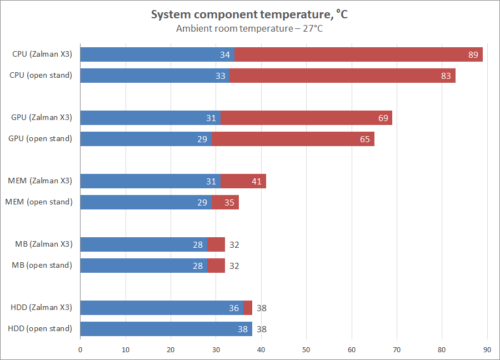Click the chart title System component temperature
coord(249,15)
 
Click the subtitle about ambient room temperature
coord(249,29)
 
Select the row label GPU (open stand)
coord(41,138)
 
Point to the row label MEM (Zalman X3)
coord(40,181)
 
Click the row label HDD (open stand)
coord(40,328)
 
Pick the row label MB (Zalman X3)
coord(43,244)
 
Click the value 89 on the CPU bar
coord(473,54)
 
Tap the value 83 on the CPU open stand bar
coord(446,76)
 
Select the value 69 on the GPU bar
coord(383,118)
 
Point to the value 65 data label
coord(364,139)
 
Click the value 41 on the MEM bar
coord(256,181)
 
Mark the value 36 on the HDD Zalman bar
coord(234,308)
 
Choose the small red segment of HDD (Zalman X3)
coord(248,308)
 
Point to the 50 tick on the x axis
coord(307,349)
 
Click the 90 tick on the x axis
coord(487,349)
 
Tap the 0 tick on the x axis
coord(81,349)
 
